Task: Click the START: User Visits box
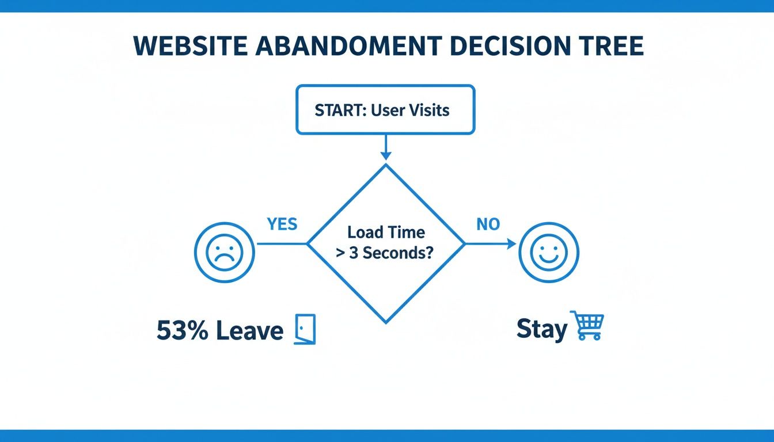[385, 110]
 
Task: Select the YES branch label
[282, 224]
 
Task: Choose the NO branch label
[488, 224]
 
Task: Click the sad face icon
[225, 252]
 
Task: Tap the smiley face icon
[548, 252]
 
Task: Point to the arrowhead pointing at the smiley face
[511, 244]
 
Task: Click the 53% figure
[182, 331]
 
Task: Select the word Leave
[249, 331]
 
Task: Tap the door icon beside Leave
[305, 330]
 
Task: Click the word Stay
[541, 329]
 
